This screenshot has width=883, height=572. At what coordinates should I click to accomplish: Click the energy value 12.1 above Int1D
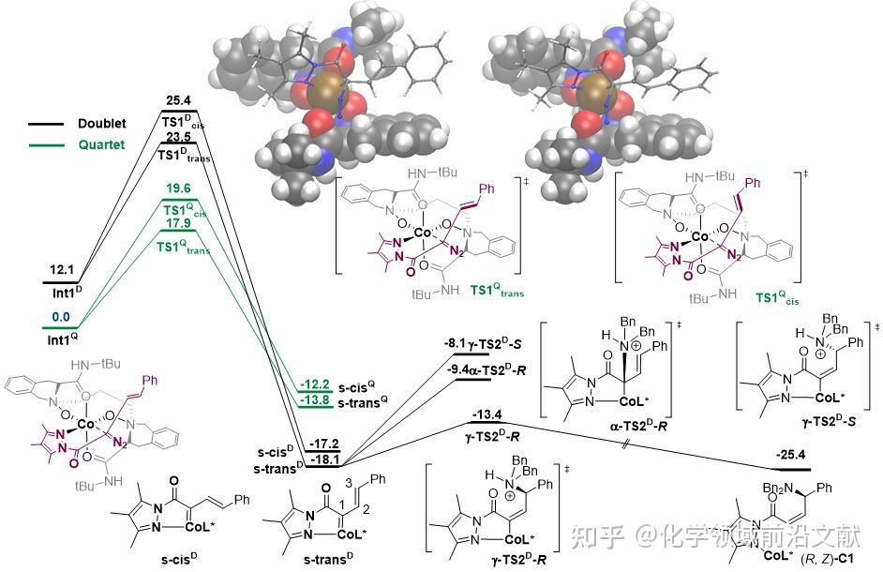(x=63, y=269)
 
